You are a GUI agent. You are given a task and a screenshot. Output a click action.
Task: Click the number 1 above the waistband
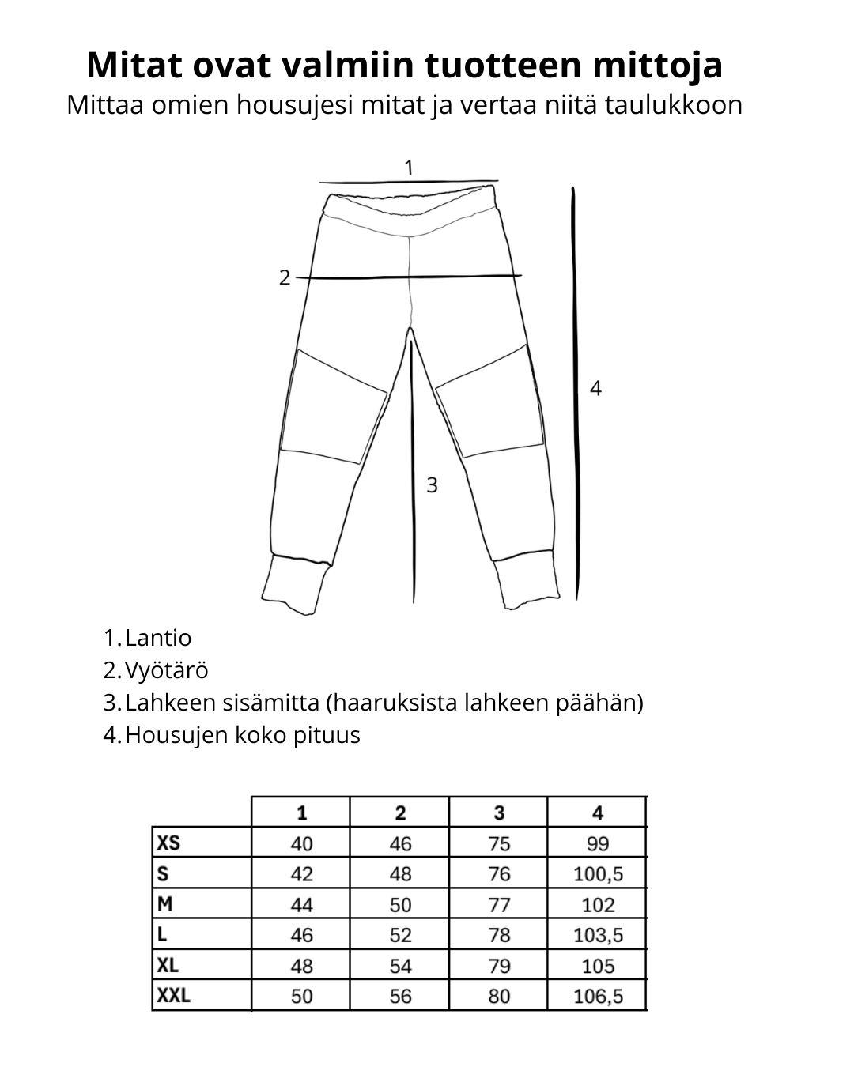pyautogui.click(x=408, y=168)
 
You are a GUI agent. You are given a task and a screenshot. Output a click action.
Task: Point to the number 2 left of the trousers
pyautogui.click(x=285, y=278)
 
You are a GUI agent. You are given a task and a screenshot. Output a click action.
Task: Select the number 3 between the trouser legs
pyautogui.click(x=432, y=485)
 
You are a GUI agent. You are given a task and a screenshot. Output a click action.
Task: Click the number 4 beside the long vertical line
pyautogui.click(x=595, y=388)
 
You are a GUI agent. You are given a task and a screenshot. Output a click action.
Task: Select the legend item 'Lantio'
pyautogui.click(x=157, y=638)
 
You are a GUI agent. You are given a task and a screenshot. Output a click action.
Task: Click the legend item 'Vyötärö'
pyautogui.click(x=166, y=670)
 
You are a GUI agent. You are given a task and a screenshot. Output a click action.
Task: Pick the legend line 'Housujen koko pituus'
pyautogui.click(x=242, y=735)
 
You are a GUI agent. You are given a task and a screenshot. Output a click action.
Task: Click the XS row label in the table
pyautogui.click(x=169, y=843)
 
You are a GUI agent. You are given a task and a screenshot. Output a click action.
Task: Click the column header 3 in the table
pyautogui.click(x=499, y=813)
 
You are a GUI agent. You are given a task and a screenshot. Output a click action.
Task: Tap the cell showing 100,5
pyautogui.click(x=598, y=874)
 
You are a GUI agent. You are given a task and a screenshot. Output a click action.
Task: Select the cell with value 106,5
pyautogui.click(x=598, y=996)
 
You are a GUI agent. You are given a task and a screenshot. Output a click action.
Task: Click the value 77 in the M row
pyautogui.click(x=499, y=904)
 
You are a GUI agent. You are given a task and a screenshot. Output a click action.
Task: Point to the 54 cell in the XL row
pyautogui.click(x=400, y=966)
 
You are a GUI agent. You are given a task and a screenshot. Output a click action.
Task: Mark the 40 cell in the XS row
pyautogui.click(x=301, y=843)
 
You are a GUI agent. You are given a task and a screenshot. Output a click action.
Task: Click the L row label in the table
pyautogui.click(x=163, y=935)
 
